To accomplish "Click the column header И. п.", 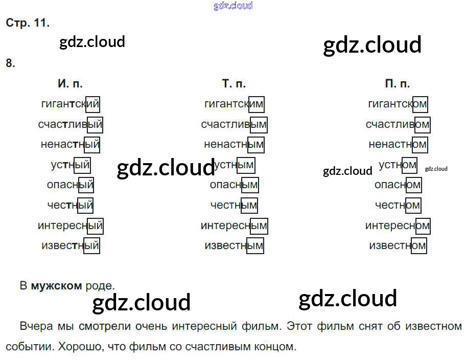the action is (70, 83).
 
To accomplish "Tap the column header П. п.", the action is (398, 83).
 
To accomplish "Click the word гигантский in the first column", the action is (70, 104).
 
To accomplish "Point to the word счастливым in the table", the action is (234, 124).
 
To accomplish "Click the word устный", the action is (71, 165).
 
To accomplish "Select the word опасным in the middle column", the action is (234, 185).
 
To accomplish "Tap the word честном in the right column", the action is (398, 206).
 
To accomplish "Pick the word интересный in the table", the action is (70, 226).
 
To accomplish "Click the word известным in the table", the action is (234, 246).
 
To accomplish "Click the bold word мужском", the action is (56, 286).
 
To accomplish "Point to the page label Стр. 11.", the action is (28, 23).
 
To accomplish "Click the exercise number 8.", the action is (10, 63).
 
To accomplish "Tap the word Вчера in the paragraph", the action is (35, 326).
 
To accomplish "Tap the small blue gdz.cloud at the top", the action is (233, 6).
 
